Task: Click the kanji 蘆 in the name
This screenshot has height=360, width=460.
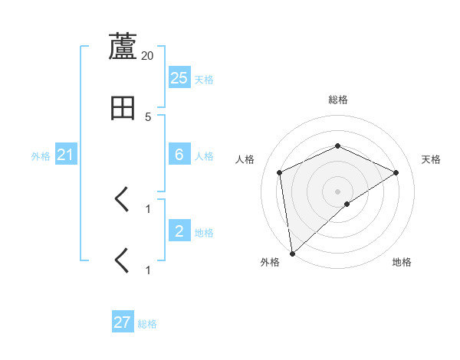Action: point(123,47)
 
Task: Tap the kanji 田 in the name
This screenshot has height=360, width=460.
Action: point(123,108)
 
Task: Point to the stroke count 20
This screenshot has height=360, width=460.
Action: point(148,55)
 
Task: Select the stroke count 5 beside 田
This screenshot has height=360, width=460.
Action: point(148,116)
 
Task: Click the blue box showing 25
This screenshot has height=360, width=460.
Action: point(179,77)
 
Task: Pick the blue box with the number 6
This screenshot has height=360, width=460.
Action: point(179,155)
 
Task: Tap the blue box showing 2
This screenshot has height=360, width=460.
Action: point(179,231)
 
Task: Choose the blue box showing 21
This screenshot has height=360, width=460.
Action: point(66,155)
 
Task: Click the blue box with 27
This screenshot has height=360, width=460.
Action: point(123,322)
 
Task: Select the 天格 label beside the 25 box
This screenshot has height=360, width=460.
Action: point(204,79)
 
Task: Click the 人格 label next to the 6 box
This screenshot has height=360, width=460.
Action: point(204,156)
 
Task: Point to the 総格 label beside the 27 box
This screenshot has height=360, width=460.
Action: point(147,324)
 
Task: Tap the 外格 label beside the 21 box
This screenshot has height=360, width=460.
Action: point(41,156)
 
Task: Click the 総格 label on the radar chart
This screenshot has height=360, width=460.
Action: point(338,100)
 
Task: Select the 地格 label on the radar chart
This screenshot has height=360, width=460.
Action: point(402,262)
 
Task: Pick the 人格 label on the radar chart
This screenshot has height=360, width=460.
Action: point(245,159)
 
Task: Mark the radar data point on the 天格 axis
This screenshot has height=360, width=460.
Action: point(396,172)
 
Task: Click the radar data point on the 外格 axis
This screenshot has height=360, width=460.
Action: point(291,254)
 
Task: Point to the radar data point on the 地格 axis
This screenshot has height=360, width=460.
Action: point(347,204)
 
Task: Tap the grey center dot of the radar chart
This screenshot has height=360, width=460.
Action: point(337,191)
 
